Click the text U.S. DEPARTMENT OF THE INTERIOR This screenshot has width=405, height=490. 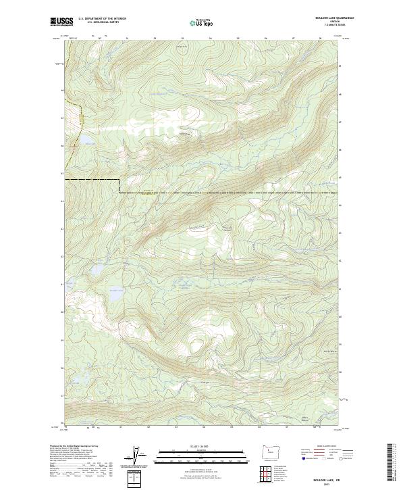102,19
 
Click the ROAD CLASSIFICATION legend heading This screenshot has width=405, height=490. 325,447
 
